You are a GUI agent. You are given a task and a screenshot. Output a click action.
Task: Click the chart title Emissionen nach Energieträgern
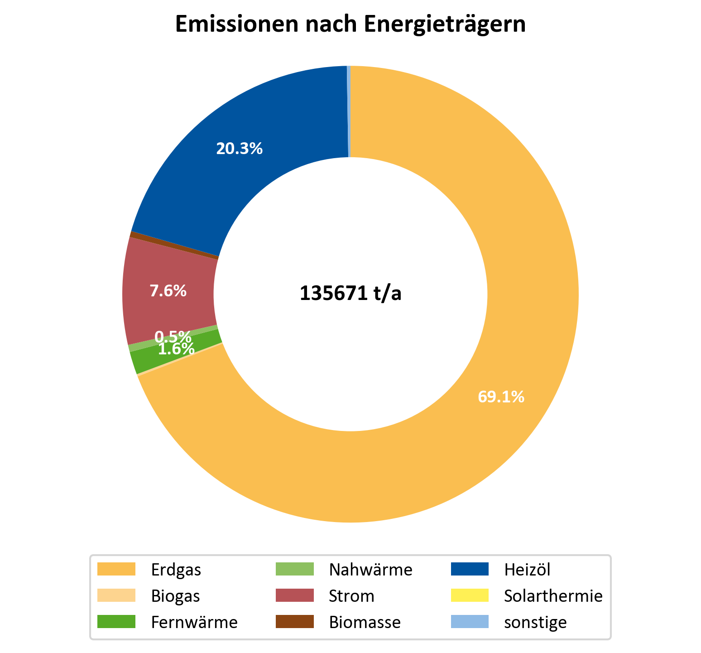point(350,24)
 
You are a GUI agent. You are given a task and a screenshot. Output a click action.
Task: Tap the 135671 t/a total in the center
point(350,294)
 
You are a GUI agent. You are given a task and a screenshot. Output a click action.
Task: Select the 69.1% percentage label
point(501,397)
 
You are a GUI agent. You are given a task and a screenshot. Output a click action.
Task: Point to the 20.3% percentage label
point(239,149)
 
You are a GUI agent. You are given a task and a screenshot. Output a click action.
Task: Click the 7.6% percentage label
point(168,291)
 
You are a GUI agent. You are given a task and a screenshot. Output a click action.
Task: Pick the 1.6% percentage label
point(176,349)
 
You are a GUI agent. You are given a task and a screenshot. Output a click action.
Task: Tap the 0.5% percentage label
point(173,337)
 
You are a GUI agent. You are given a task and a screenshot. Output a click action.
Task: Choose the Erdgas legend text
point(176,569)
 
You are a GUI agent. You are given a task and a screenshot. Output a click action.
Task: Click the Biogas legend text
point(176,596)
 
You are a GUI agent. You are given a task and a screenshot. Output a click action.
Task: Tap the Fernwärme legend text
point(194,622)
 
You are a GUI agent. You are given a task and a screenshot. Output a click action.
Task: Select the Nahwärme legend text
point(371,569)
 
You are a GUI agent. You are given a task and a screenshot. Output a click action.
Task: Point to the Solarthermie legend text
point(553,596)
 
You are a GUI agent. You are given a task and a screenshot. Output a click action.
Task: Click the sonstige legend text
point(535,622)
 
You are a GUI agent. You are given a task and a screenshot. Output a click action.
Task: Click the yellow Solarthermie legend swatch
point(470,595)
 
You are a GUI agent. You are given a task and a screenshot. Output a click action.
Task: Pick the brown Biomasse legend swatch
point(295,622)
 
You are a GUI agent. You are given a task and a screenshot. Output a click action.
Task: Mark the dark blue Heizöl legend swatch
point(470,569)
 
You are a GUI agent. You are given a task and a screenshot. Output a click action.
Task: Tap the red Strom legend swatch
point(295,595)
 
